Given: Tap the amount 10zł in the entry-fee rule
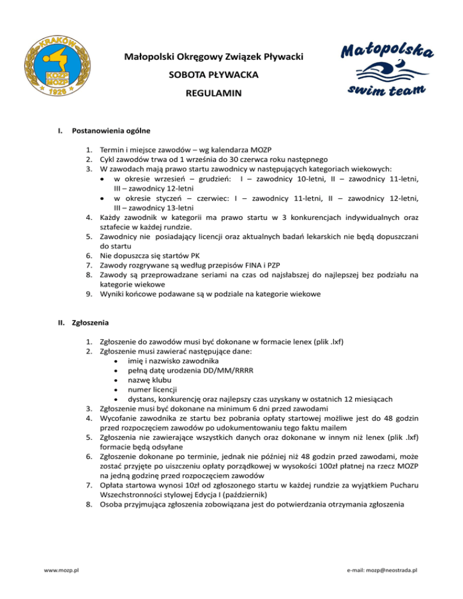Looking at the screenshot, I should coord(174,485).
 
